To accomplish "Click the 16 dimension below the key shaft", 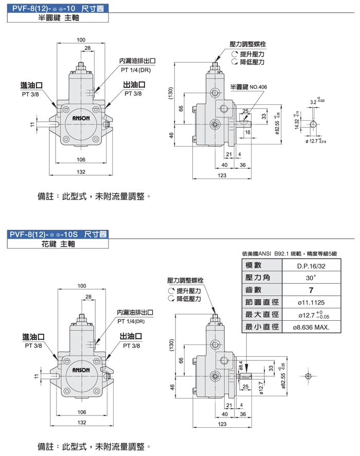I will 247,132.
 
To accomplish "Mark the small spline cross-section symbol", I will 308,376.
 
